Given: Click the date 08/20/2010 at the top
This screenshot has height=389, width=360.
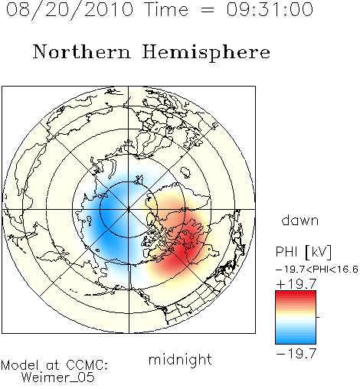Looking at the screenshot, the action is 70,10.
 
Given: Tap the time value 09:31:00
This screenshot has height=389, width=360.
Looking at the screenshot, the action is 270,10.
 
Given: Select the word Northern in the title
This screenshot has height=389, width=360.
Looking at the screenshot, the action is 82,51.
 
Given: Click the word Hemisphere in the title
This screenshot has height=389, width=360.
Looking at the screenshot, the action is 206,52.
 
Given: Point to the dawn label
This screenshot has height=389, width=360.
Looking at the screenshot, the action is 300,221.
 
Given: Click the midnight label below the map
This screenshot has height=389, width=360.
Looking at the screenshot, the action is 180,360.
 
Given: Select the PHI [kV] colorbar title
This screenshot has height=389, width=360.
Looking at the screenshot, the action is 303,252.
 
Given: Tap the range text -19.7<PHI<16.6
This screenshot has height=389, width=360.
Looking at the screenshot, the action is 317,270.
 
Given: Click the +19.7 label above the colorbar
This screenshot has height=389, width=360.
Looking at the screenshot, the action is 296,284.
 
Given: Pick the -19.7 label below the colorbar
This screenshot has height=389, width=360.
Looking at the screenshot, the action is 296,354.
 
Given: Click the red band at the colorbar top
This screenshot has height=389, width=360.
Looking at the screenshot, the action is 296,294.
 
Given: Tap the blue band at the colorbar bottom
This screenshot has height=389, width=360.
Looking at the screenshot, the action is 296,341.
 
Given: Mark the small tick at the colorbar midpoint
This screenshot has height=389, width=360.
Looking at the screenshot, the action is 318,317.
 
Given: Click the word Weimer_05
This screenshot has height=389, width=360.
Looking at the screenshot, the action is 57,378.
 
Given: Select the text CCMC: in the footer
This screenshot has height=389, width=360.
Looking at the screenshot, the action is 87,365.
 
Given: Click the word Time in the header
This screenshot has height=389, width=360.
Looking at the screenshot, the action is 166,10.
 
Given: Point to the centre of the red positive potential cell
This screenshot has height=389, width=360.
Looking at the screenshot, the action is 182,245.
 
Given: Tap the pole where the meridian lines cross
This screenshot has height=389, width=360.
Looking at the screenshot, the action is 129,210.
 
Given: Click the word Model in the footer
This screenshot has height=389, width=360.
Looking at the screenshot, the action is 20,365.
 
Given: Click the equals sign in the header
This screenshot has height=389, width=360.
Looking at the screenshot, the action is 208,10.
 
